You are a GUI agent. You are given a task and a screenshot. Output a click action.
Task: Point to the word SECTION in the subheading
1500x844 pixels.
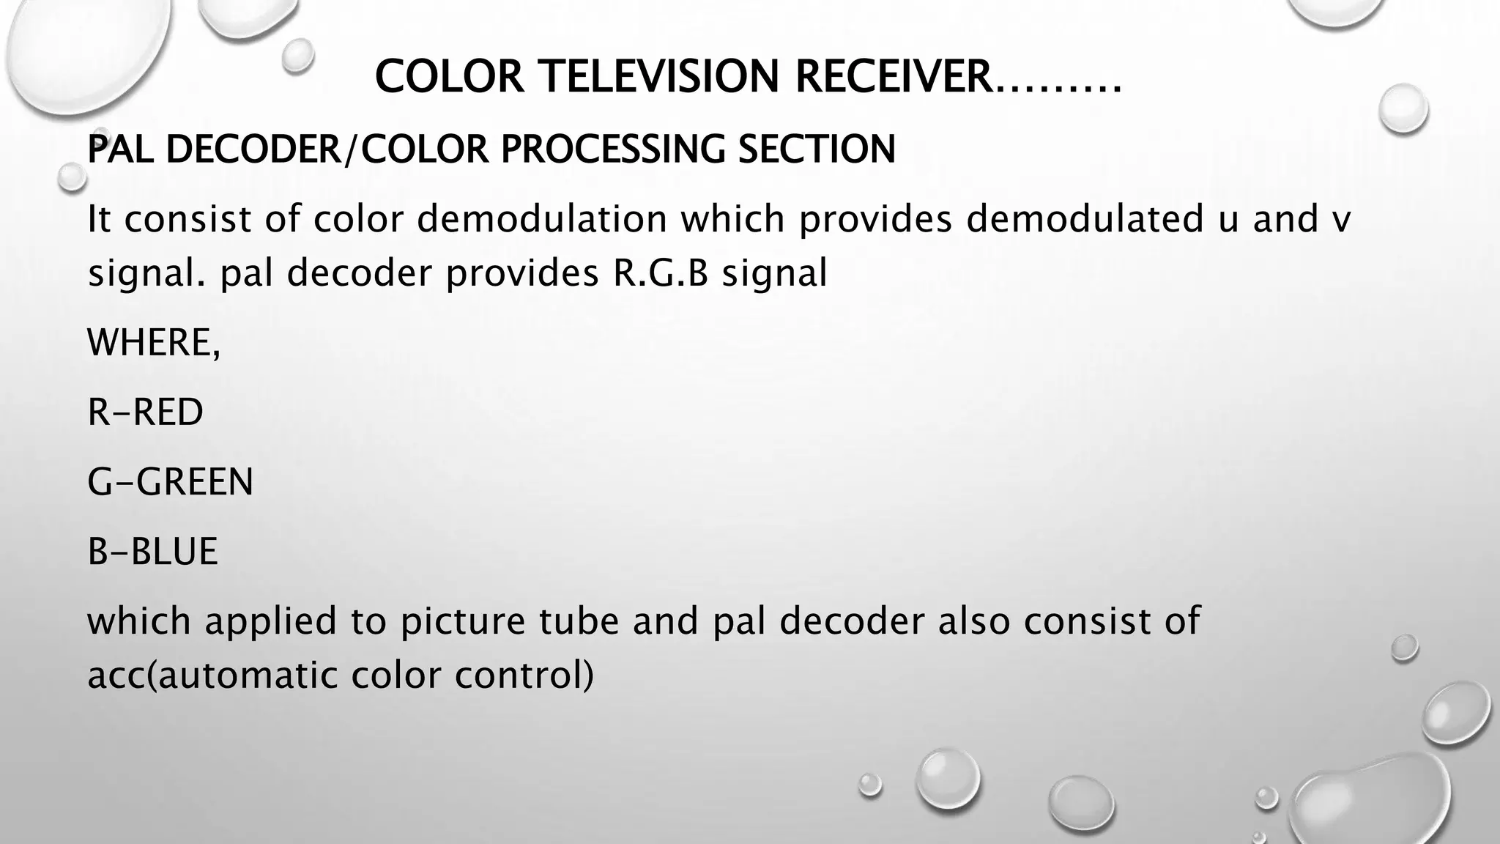817,149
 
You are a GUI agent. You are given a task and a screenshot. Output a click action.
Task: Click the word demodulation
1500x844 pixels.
542,219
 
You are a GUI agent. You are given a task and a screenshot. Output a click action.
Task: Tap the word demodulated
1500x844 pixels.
1085,219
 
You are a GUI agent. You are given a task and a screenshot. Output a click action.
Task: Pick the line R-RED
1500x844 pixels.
145,412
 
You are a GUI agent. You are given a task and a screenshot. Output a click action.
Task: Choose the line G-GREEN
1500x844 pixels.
170,482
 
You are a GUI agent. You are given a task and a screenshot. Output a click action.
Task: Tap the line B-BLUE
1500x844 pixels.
152,552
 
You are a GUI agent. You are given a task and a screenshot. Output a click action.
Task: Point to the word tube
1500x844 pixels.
579,621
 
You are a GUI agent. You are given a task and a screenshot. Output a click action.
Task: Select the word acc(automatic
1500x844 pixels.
212,675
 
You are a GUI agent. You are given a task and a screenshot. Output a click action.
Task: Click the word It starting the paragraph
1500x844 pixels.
99,219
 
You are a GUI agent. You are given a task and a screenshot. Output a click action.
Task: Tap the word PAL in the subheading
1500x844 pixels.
120,149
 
